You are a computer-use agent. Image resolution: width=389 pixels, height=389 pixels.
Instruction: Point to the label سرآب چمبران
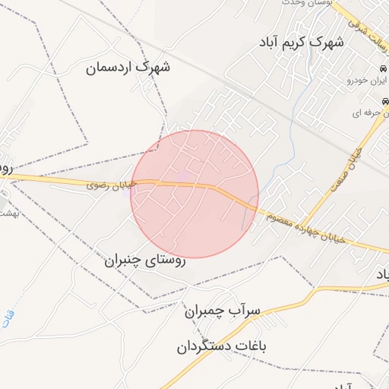point(222,310)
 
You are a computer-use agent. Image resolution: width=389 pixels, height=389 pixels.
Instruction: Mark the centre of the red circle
point(194,194)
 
